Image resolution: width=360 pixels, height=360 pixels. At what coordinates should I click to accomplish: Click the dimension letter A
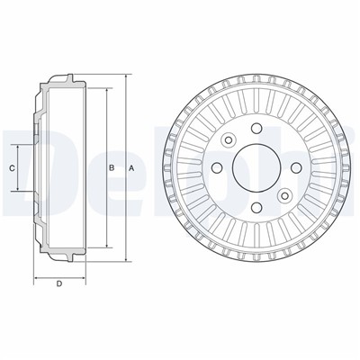[x=131, y=168]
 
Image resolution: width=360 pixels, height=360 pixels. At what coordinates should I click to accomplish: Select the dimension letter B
[x=111, y=168]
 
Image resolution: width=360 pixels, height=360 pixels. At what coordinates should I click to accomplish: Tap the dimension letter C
[x=13, y=168]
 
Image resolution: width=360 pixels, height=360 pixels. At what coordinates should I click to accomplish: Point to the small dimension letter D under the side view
[x=58, y=285]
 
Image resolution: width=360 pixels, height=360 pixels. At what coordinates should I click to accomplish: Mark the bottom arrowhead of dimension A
[x=125, y=260]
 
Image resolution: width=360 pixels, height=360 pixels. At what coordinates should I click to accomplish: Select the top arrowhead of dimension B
[x=105, y=90]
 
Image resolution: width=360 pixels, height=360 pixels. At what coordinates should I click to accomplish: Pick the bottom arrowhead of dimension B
[x=105, y=247]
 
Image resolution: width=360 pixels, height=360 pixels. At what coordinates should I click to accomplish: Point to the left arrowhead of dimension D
[x=36, y=276]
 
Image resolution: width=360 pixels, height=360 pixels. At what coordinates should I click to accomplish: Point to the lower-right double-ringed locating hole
[x=285, y=195]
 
